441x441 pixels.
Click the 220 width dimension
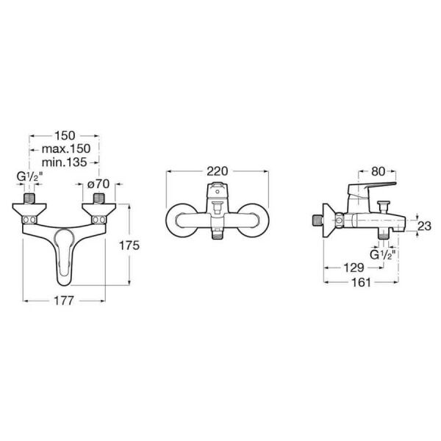(217, 171)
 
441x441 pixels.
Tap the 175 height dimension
(129, 245)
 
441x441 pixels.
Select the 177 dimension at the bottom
(63, 301)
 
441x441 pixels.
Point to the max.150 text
(66, 148)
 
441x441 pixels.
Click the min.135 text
(64, 162)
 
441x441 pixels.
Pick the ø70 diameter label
(98, 184)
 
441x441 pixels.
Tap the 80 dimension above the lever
(378, 171)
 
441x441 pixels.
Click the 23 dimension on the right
(424, 226)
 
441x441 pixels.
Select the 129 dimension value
(354, 268)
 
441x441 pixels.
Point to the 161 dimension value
(361, 282)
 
